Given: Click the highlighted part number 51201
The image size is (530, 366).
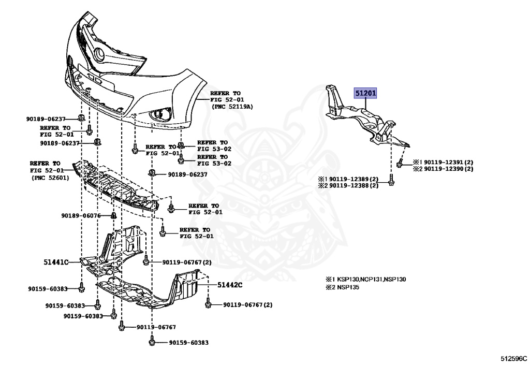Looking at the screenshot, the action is pyautogui.click(x=365, y=93).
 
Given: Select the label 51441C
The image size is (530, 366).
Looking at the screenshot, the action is pyautogui.click(x=56, y=262).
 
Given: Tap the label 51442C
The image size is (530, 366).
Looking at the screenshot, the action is pyautogui.click(x=230, y=285).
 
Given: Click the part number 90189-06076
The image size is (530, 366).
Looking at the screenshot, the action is pyautogui.click(x=81, y=215).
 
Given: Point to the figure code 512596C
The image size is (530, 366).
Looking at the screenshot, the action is pyautogui.click(x=513, y=358).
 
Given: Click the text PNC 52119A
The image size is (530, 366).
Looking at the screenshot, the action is pyautogui.click(x=232, y=107).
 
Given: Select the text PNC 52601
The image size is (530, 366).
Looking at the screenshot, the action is pyautogui.click(x=50, y=178).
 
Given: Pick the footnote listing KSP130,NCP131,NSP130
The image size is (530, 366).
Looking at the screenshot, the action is pyautogui.click(x=366, y=279).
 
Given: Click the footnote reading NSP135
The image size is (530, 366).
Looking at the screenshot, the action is pyautogui.click(x=343, y=287).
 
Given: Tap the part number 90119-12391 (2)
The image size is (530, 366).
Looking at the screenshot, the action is pyautogui.click(x=443, y=162).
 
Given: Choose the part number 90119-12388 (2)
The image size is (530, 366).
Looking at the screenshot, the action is pyautogui.click(x=348, y=185).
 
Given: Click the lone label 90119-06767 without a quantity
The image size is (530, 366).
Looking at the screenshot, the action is pyautogui.click(x=156, y=327).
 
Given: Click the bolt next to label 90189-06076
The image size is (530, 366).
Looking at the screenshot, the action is pyautogui.click(x=113, y=215).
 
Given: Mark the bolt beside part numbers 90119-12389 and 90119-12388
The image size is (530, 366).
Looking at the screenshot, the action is pyautogui.click(x=391, y=180).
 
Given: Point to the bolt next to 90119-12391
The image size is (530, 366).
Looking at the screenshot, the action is pyautogui.click(x=400, y=163).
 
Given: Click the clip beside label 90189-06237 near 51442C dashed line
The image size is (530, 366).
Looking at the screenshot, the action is pyautogui.click(x=152, y=173).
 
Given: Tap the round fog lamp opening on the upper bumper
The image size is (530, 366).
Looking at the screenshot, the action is pyautogui.click(x=99, y=54).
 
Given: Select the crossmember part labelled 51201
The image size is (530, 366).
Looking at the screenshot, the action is pyautogui.click(x=368, y=118).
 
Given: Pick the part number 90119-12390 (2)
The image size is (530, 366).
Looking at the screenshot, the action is pyautogui.click(x=443, y=169).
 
